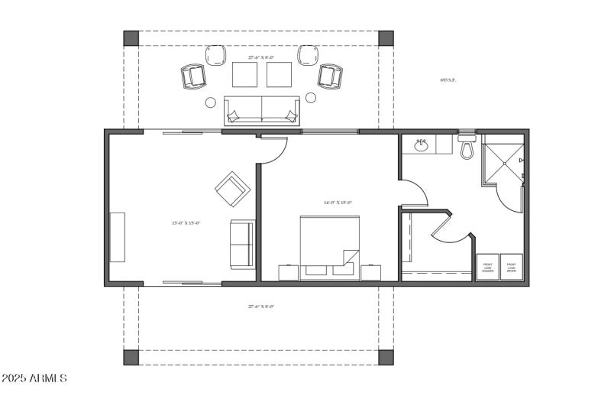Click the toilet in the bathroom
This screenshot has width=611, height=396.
tap(467, 148)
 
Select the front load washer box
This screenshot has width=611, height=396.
tap(488, 268)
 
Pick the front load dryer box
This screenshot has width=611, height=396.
tap(512, 268)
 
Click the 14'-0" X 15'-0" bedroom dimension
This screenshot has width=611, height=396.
tap(338, 203)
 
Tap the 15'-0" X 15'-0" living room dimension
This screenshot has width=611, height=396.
tap(186, 223)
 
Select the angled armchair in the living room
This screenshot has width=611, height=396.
tap(232, 188)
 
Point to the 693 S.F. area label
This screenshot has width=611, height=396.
tap(448, 80)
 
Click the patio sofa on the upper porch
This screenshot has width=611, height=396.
tap(261, 110)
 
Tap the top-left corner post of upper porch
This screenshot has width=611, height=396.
tap(131, 37)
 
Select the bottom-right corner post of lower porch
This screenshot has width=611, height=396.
tap(386, 357)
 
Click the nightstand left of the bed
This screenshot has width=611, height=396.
tap(289, 272)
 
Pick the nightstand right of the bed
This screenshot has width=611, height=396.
tap(371, 272)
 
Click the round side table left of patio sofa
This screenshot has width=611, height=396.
tap(211, 102)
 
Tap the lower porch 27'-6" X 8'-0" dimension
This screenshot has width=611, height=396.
tap(260, 307)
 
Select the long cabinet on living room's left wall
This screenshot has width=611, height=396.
tap(117, 237)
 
